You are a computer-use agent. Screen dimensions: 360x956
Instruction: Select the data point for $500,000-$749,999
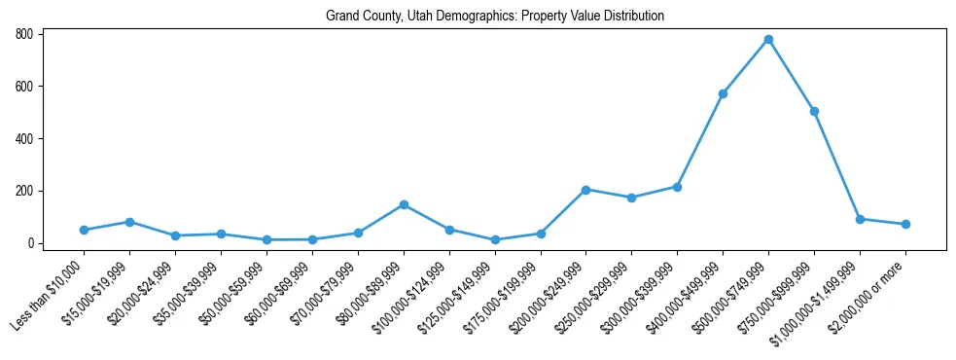click(x=768, y=40)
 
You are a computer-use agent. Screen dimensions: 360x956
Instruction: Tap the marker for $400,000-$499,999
click(x=723, y=94)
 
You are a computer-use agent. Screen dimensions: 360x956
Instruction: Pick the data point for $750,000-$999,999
click(x=814, y=112)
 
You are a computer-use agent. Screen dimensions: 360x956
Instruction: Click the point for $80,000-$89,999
click(x=404, y=205)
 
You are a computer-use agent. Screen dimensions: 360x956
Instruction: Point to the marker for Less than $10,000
click(x=84, y=231)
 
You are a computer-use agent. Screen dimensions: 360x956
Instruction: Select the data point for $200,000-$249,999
click(x=585, y=190)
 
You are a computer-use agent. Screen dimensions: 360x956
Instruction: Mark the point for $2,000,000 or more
click(x=905, y=225)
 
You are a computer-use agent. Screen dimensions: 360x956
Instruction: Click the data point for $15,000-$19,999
click(x=129, y=222)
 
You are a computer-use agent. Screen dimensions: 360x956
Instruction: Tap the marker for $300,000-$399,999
click(x=677, y=187)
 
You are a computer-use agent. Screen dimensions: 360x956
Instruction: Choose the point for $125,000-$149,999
click(x=495, y=240)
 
